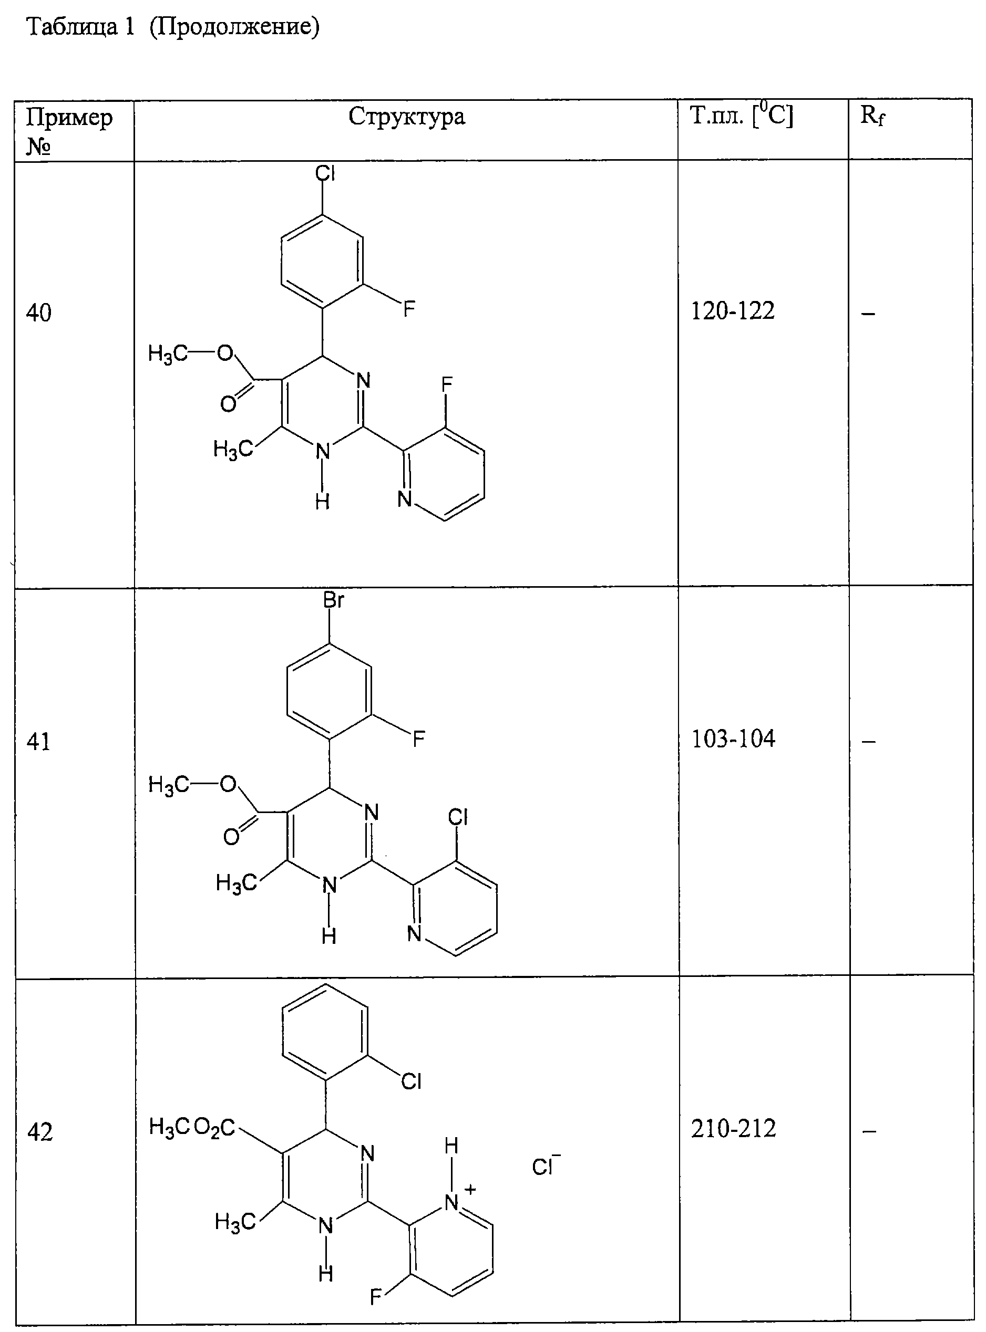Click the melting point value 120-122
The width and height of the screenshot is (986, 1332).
tap(732, 311)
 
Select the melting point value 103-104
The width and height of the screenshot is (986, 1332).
tap(733, 739)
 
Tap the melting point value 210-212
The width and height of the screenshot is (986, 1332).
tap(734, 1129)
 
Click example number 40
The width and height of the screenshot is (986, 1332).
tap(39, 313)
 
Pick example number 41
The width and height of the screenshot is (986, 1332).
tap(39, 742)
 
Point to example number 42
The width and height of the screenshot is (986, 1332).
tap(40, 1131)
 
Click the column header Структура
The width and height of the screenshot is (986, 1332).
tap(406, 117)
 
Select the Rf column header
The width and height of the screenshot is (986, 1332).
tap(872, 116)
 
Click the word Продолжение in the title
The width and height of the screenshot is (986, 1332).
tap(234, 27)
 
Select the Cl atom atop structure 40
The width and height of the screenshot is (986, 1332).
tap(325, 173)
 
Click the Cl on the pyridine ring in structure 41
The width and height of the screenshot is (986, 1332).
tap(458, 817)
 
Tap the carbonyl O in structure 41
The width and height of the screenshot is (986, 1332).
tap(232, 837)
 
